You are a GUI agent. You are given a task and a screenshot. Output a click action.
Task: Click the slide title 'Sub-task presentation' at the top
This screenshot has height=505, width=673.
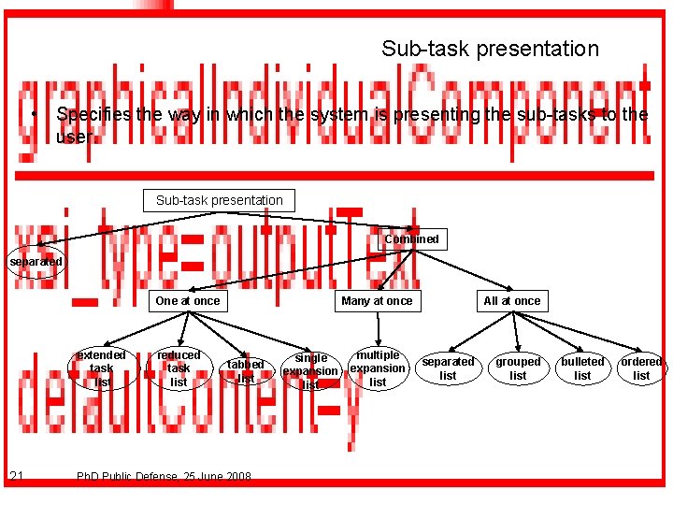tap(490, 48)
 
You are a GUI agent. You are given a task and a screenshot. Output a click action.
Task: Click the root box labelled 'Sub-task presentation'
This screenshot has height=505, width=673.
tap(219, 200)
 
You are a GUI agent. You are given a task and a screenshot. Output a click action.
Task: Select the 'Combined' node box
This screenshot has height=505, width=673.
tap(411, 239)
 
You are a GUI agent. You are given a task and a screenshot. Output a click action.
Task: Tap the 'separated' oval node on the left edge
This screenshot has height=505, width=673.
tap(36, 262)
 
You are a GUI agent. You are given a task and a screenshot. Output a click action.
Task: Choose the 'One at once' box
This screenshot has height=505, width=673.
tap(188, 301)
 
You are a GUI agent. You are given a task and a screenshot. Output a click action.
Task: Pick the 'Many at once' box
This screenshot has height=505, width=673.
tap(377, 301)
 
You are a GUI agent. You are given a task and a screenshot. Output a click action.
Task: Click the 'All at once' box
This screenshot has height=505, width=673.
tap(511, 301)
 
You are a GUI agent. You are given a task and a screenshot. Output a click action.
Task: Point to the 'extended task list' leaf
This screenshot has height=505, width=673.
tap(101, 368)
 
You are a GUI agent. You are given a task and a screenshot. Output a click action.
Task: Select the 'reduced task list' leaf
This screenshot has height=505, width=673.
tap(179, 368)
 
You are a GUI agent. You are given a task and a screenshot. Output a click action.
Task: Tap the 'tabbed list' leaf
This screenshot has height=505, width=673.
tap(246, 371)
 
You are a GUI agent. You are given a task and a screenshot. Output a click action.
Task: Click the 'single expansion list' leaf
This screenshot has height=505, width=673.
tap(311, 371)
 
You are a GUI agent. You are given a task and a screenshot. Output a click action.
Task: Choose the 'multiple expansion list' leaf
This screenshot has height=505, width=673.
tap(378, 368)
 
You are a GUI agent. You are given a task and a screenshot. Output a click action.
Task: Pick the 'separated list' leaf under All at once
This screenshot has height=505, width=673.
tap(449, 368)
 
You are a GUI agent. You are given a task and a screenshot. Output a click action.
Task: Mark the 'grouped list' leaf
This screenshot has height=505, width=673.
tap(518, 368)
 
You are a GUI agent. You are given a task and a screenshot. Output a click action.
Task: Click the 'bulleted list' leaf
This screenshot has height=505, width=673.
tap(582, 368)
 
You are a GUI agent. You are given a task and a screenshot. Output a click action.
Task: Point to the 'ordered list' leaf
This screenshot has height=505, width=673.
tap(641, 368)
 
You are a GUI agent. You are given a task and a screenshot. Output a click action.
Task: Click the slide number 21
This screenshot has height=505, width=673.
tap(17, 477)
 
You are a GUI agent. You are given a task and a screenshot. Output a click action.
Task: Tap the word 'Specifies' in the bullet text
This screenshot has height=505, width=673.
tap(92, 115)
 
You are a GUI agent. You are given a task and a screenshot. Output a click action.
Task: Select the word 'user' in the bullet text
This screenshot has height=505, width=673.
tap(74, 137)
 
